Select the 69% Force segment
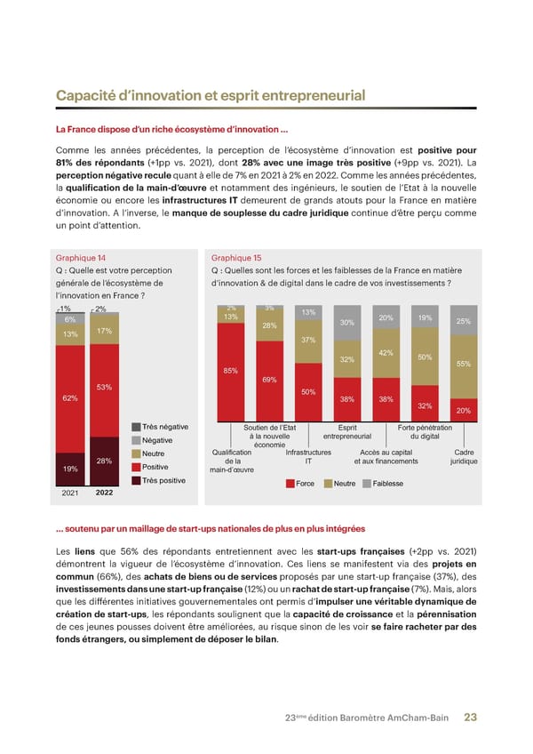tap(269, 380)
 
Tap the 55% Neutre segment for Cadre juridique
tap(463, 364)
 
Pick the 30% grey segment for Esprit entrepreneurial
tap(347, 323)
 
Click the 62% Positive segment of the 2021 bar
tap(70, 397)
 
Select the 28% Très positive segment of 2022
tap(103, 461)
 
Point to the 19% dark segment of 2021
tap(70, 468)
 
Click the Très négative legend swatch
tap(135, 427)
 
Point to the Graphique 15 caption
tap(236, 258)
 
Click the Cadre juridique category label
tap(463, 456)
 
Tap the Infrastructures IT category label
tap(308, 456)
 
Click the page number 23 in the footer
tap(471, 718)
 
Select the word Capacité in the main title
tap(87, 95)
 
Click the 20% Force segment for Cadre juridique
tap(463, 411)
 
